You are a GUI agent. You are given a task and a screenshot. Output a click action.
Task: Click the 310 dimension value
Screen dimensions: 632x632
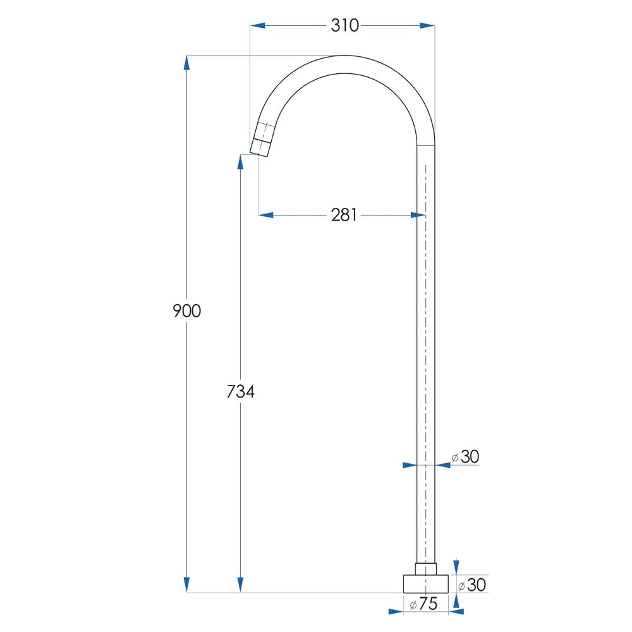[344, 25]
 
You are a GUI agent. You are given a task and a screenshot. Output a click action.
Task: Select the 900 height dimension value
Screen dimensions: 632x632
[186, 311]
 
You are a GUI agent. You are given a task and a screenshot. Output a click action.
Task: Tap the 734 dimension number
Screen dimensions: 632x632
[241, 391]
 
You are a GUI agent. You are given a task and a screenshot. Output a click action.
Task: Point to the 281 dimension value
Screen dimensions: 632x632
[344, 216]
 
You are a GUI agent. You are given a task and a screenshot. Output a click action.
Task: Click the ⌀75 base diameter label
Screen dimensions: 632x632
[423, 604]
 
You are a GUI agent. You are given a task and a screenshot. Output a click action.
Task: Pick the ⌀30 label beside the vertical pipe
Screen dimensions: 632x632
[465, 457]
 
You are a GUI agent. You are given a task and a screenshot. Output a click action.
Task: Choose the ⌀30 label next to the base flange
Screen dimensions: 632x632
[472, 585]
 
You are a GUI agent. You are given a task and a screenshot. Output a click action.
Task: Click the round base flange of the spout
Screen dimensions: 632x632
[425, 583]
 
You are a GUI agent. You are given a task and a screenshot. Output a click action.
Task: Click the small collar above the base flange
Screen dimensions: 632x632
[425, 569]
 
